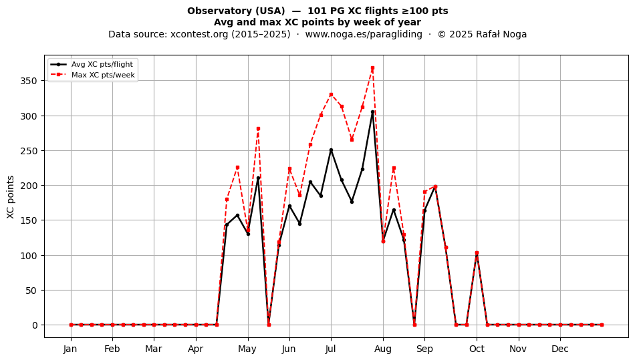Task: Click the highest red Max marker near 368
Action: (372, 68)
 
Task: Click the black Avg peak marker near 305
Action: (372, 112)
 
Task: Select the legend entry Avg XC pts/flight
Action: (102, 64)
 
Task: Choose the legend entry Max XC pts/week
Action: (103, 75)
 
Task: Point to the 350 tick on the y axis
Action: (28, 81)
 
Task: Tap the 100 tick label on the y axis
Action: (28, 256)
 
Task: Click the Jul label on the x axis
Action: (331, 349)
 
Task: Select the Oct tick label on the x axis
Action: (477, 349)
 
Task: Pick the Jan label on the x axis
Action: (70, 349)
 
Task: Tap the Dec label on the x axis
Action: (560, 349)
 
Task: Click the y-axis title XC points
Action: (11, 198)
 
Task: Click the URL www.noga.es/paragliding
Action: (364, 34)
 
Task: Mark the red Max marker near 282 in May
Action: (258, 129)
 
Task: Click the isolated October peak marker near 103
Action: (477, 253)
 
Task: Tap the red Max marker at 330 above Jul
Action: (331, 95)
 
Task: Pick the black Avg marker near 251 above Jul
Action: (331, 150)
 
